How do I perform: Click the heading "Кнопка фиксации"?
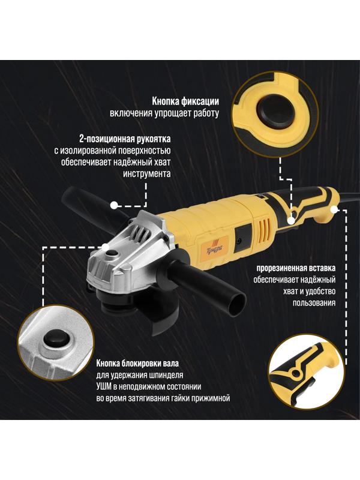click(185, 101)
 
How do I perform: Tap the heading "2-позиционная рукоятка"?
click(125, 139)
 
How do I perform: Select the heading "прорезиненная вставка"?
click(296, 268)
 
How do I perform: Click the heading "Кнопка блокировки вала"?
click(137, 364)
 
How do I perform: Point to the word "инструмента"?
click(147, 174)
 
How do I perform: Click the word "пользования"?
click(314, 303)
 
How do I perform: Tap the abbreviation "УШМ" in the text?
click(104, 386)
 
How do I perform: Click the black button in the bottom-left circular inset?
click(56, 340)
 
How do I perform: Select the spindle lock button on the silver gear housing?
click(112, 253)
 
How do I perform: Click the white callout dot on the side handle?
click(114, 205)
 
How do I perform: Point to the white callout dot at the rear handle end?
click(334, 209)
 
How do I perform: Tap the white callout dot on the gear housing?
click(106, 247)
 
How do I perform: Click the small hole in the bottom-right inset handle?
click(295, 373)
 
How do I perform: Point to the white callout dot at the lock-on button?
click(291, 220)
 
